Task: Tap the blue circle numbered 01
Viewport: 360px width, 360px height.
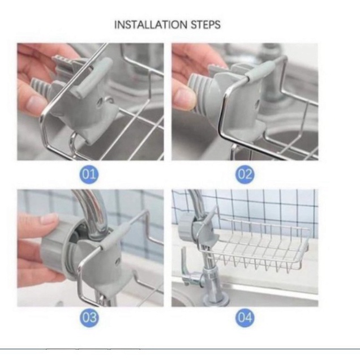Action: tap(89, 174)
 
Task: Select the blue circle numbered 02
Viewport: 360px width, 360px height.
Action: tap(245, 174)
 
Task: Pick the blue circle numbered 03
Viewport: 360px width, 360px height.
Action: tap(89, 318)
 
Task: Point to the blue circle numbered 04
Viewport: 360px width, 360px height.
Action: tap(245, 318)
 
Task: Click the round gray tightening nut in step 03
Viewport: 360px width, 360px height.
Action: tap(56, 250)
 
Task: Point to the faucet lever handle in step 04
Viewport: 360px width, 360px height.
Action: tap(186, 267)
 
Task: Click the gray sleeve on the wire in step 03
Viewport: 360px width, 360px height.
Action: tap(115, 237)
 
